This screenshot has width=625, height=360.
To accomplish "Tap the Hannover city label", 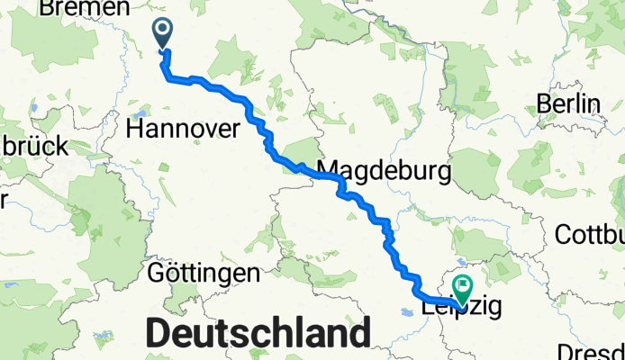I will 183,129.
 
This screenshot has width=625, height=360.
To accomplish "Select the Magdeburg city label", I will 385,169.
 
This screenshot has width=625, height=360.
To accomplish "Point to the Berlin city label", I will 568,103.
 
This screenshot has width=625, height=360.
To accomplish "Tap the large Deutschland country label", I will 257,333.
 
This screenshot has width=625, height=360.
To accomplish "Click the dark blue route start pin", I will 164,35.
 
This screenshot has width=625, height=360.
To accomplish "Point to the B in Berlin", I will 544,103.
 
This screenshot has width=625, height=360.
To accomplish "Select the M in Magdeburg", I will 328,169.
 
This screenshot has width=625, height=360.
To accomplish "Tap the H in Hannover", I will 135,129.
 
